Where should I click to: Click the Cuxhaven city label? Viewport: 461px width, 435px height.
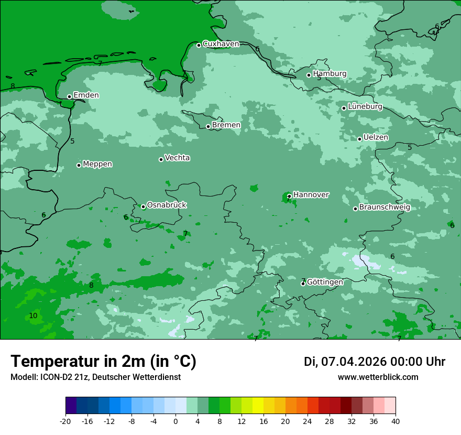point(221,44)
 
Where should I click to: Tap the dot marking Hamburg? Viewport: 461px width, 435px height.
point(309,75)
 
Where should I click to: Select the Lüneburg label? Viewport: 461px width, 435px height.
point(365,106)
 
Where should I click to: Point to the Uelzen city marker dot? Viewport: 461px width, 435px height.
point(360,139)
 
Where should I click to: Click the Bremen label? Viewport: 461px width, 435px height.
point(226,125)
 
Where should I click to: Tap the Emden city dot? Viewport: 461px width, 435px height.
point(70,96)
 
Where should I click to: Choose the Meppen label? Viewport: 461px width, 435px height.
point(97,164)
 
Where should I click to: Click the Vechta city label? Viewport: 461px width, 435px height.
point(177,158)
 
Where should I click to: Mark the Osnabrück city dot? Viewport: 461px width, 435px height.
point(143,206)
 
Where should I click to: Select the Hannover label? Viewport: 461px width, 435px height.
point(311,194)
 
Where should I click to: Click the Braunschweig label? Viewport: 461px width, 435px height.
point(384,207)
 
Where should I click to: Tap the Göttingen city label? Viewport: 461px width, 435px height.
point(325,282)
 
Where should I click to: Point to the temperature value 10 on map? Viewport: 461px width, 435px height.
point(33,316)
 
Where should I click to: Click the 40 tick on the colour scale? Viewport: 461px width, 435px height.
point(396,421)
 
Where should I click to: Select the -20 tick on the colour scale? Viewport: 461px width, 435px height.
point(65,421)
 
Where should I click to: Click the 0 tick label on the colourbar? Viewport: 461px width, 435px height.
point(175,421)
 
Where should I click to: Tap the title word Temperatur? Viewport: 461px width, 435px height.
point(52,361)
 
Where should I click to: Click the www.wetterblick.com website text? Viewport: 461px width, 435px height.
point(378,377)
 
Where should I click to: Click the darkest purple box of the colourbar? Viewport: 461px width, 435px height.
point(71,406)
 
